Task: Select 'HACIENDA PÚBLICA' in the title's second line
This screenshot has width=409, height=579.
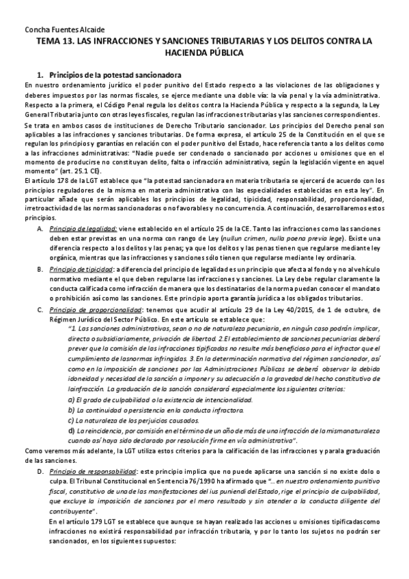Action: click(205, 52)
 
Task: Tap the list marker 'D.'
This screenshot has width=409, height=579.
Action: click(40, 472)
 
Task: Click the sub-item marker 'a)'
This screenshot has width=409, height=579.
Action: click(71, 399)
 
